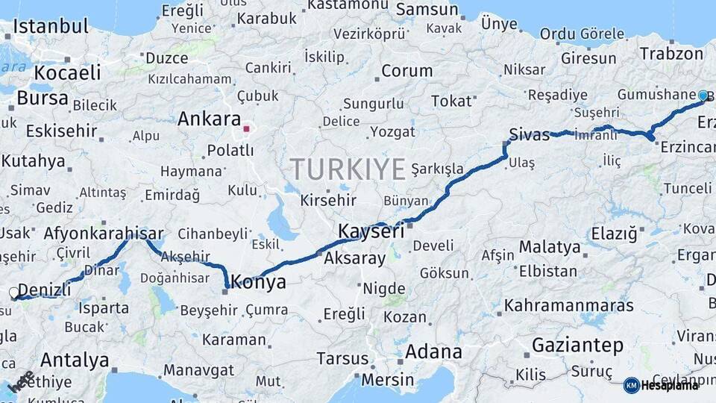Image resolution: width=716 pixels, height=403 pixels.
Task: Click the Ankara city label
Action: point(209,119)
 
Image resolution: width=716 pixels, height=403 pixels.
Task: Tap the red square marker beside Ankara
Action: point(246,129)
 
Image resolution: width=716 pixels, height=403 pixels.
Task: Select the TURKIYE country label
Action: point(348,169)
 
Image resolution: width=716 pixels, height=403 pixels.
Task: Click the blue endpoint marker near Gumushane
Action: point(703,96)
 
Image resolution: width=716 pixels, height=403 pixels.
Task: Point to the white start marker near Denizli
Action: point(14,294)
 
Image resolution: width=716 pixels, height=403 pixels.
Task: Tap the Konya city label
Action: point(258,282)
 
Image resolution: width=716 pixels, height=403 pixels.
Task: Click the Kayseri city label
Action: point(371,231)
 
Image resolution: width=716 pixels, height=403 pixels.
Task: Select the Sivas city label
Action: point(529,134)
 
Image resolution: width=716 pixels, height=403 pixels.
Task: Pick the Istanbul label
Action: point(51,26)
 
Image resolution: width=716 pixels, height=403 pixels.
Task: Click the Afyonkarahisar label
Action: point(103,233)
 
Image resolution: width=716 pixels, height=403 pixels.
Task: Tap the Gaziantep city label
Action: point(577,345)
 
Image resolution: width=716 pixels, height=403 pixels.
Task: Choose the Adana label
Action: point(433,352)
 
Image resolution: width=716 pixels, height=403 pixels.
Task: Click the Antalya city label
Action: point(75,360)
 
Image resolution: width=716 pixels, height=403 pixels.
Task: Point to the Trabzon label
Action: point(671,54)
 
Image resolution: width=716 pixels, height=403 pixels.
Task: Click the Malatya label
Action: point(550,246)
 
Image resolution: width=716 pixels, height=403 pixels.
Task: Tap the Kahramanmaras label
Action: point(568,305)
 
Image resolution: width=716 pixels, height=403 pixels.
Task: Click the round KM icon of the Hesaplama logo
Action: point(631,385)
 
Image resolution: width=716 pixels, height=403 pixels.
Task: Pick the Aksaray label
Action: point(354,259)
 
